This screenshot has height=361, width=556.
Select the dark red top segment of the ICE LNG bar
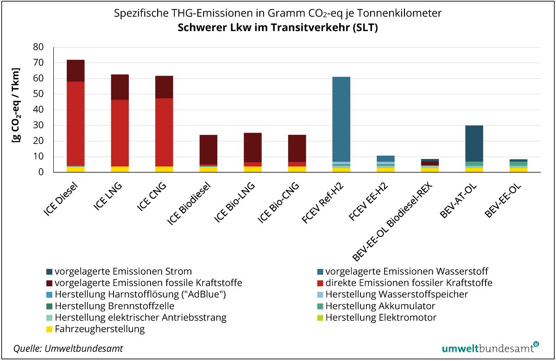click(120, 87)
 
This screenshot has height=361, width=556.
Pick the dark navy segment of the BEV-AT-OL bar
click(474, 143)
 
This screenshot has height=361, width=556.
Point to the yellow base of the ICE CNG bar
click(164, 169)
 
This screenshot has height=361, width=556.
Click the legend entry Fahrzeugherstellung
click(100, 329)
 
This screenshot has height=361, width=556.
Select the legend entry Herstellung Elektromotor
click(381, 318)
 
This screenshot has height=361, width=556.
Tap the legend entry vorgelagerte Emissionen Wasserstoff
click(406, 271)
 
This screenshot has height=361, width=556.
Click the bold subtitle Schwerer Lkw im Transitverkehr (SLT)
click(278, 28)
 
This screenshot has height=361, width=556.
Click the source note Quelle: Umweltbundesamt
click(69, 348)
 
